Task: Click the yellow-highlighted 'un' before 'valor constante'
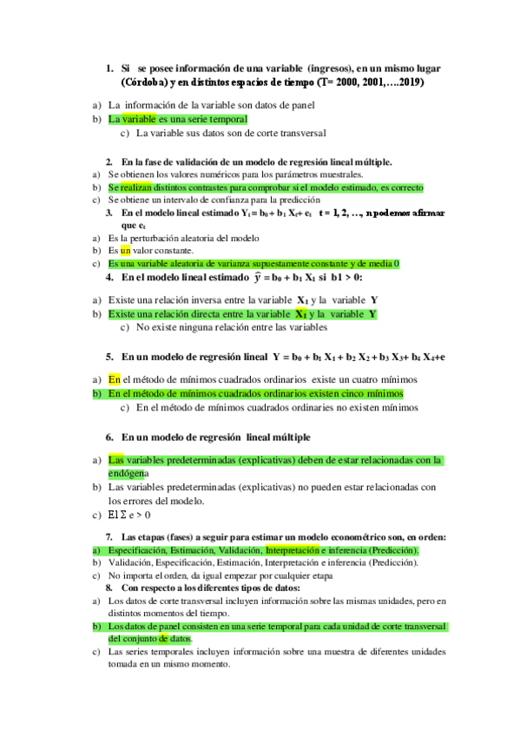[x=125, y=250]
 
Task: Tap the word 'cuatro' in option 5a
[x=370, y=379]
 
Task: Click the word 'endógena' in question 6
[x=128, y=474]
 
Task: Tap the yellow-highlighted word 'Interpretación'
[x=292, y=550]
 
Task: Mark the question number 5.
[x=110, y=357]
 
